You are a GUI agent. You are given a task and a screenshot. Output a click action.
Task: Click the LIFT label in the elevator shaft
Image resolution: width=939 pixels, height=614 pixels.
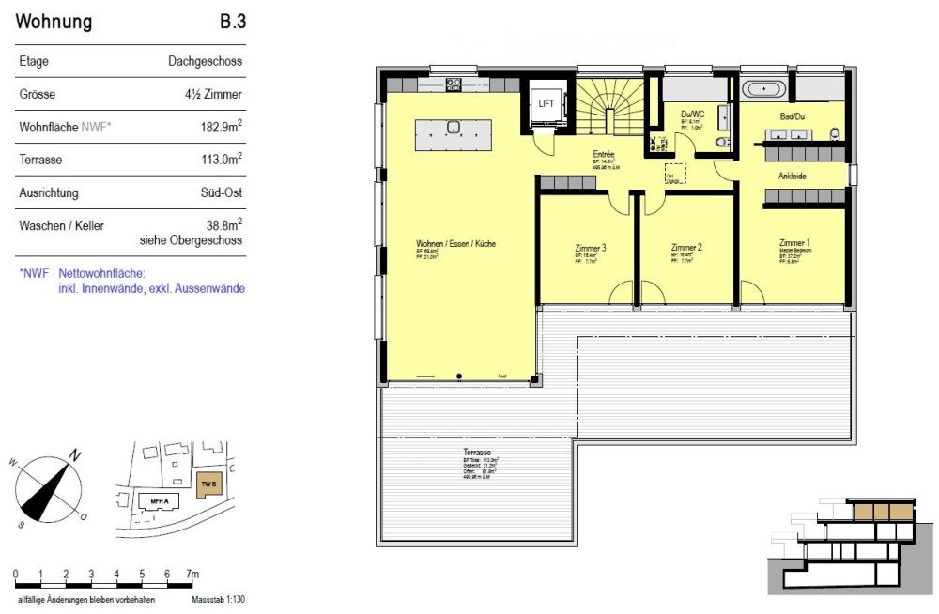546,103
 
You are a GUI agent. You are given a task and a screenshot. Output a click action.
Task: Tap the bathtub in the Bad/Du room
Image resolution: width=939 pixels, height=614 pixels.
762,90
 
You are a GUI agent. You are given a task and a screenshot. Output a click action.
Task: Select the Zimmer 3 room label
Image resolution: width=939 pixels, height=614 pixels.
590,249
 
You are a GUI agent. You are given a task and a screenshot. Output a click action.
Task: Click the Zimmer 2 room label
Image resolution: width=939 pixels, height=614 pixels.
686,249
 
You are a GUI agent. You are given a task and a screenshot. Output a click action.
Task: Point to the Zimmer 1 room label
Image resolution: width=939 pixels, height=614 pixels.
793,242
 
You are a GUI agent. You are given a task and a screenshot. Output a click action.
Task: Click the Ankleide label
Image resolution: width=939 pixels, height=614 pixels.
792,176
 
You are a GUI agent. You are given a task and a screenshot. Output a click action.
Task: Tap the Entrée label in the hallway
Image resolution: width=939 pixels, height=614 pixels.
603,154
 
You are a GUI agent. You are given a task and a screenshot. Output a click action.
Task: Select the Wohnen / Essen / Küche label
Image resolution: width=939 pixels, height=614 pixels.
455,244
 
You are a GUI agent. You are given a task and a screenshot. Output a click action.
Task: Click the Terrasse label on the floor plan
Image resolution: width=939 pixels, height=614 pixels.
477,453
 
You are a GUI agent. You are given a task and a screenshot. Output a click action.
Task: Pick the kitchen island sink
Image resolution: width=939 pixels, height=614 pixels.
453,127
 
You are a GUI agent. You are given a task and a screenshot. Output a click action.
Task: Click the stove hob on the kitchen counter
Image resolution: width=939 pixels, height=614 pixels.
453,84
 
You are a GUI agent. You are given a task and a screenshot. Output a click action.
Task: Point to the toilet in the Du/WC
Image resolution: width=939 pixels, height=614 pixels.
720,143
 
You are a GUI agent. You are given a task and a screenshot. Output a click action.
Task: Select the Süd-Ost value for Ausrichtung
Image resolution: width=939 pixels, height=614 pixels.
220,193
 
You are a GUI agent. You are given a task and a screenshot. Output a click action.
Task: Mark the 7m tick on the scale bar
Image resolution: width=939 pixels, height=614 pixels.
192,574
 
